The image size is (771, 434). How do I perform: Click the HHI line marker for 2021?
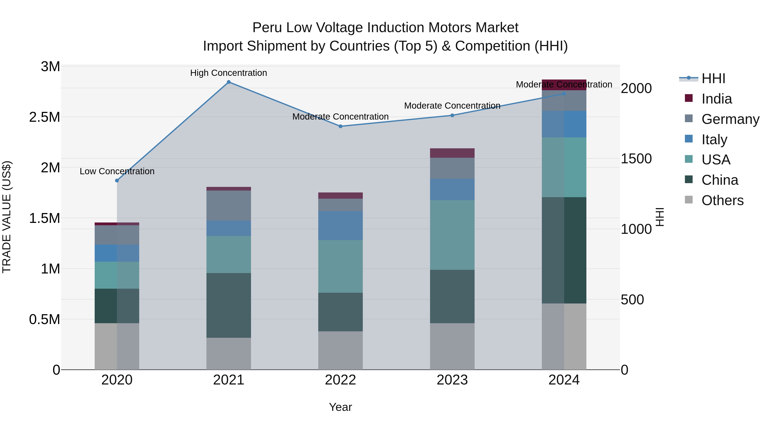click(229, 82)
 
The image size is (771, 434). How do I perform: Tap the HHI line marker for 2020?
click(117, 181)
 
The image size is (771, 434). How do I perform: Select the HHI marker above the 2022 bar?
click(340, 126)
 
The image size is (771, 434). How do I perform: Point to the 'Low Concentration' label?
click(117, 171)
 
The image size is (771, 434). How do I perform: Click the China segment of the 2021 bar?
click(229, 305)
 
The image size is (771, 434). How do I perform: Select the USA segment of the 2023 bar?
click(452, 235)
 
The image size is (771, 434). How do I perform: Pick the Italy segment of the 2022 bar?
click(340, 225)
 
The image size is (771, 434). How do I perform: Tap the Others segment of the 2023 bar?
click(452, 346)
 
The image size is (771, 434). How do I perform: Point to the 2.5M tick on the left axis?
click(45, 117)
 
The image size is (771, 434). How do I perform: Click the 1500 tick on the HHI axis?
click(636, 159)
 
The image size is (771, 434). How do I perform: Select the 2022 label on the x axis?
click(340, 380)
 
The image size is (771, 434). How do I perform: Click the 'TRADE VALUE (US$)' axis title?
click(7, 217)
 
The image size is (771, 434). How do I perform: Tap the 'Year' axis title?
click(340, 407)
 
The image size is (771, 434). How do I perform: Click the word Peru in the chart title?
click(267, 28)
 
